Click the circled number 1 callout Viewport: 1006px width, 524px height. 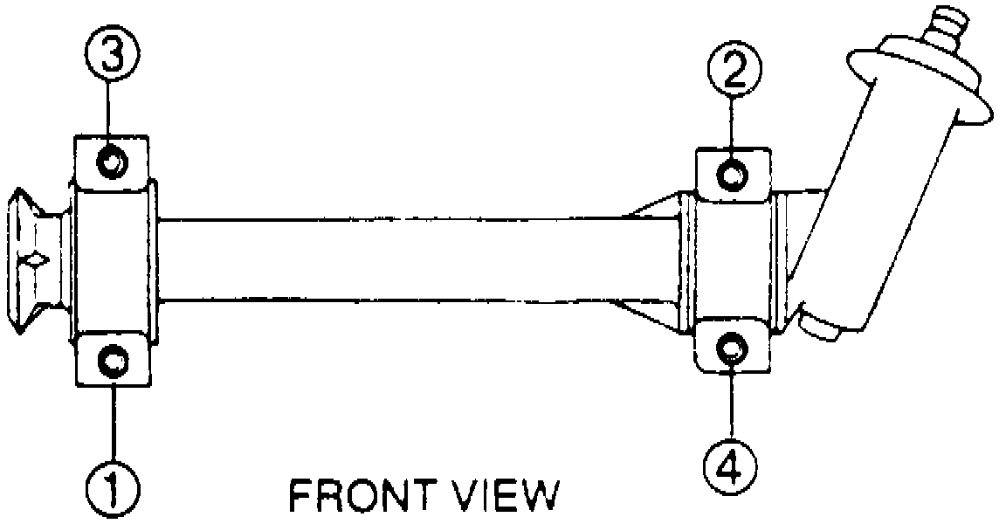tap(114, 483)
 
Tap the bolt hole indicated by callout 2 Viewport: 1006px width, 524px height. tap(732, 175)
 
